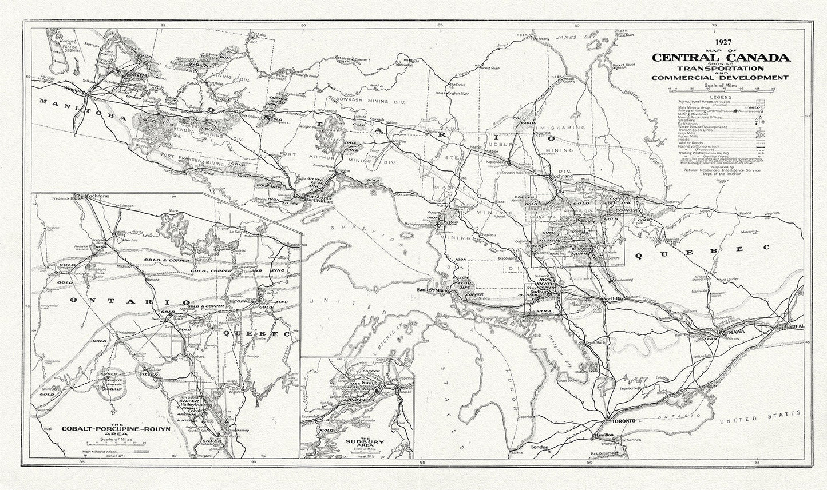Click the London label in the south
coord(540,447)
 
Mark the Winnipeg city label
coord(74,90)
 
